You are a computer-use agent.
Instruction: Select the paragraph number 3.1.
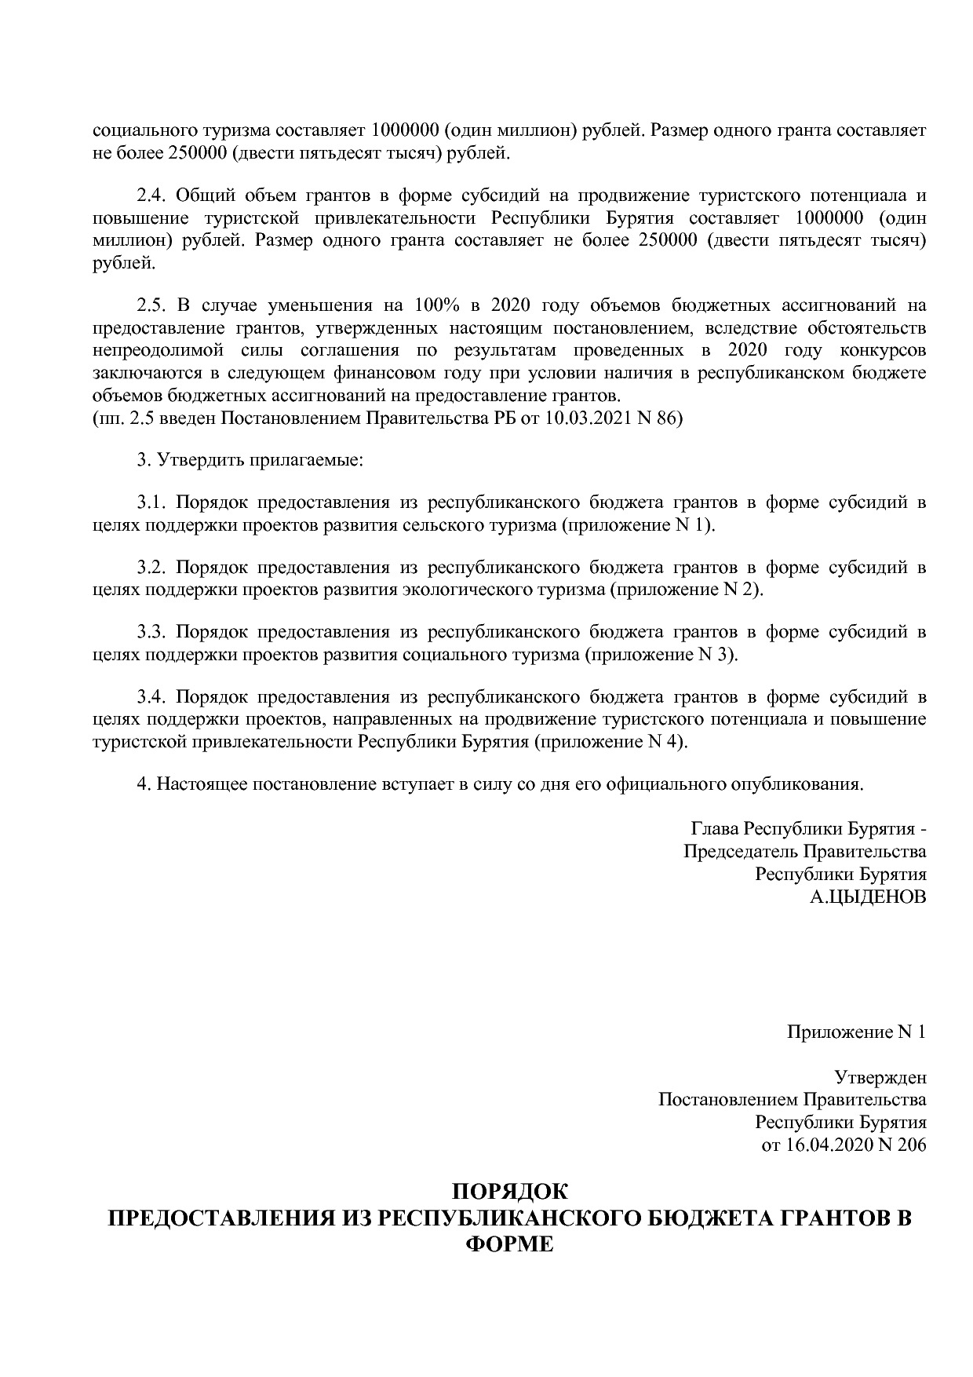[x=152, y=502]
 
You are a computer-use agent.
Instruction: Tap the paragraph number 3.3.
[x=152, y=632]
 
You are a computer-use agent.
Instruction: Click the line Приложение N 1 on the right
[x=856, y=1032]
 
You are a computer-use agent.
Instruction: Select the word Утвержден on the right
[x=880, y=1077]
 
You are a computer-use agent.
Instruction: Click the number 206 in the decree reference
[x=911, y=1145]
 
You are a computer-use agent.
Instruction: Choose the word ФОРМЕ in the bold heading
[x=509, y=1244]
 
